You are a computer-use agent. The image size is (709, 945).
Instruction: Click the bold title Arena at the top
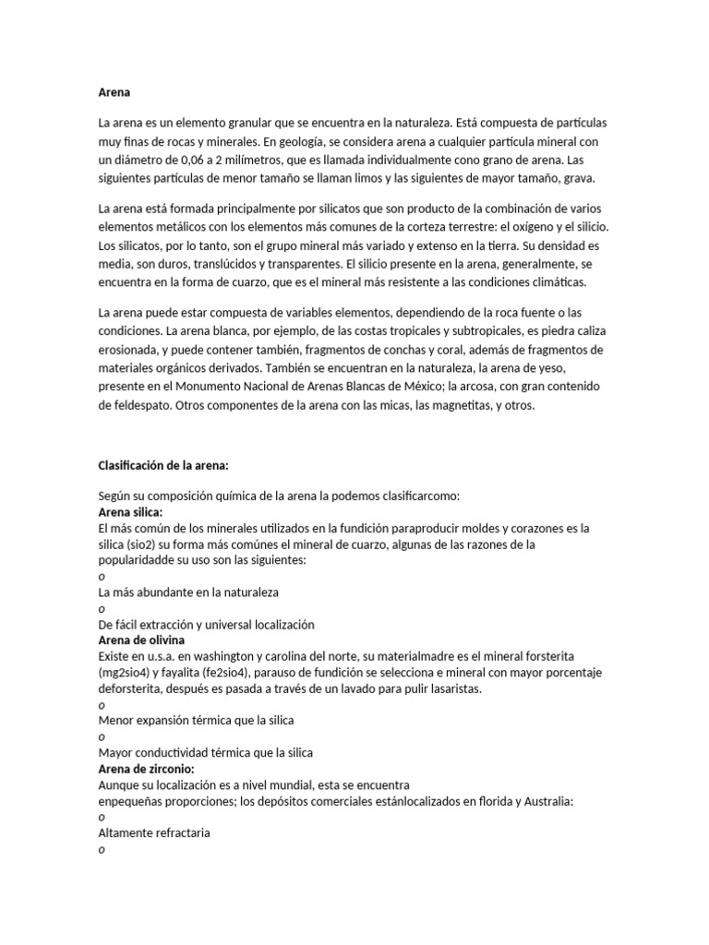click(x=114, y=92)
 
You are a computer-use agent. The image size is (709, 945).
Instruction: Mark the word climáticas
click(x=551, y=281)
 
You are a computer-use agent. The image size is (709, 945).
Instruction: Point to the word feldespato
click(x=138, y=404)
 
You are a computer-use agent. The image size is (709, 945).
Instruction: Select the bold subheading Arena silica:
click(x=130, y=511)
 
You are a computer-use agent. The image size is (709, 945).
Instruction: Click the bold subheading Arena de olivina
click(x=141, y=640)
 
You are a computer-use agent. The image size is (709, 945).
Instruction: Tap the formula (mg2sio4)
click(x=131, y=673)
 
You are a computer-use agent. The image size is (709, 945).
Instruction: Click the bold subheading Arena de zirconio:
click(x=146, y=768)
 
